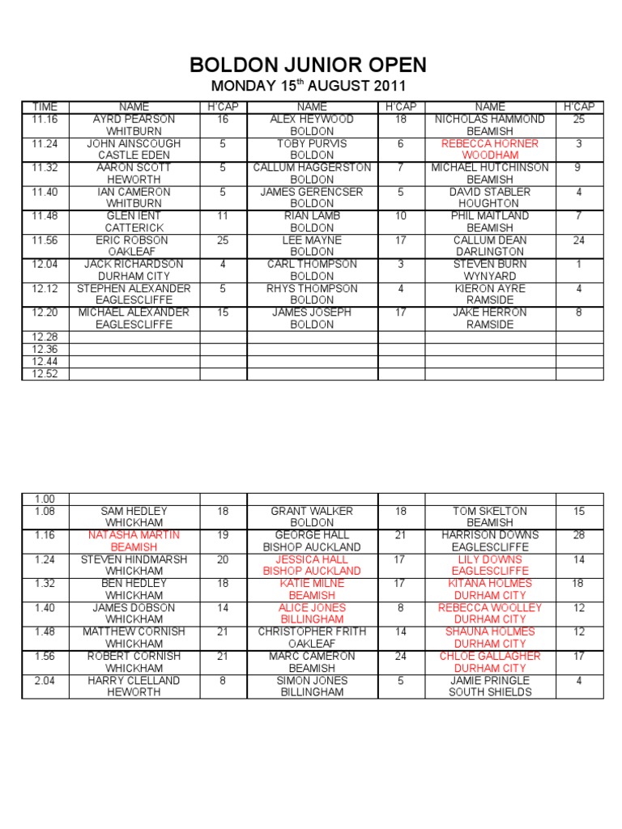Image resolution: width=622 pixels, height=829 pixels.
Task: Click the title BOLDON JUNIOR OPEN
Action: [307, 65]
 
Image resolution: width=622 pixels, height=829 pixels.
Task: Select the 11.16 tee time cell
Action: [45, 119]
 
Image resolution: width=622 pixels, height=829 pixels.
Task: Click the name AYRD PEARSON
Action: [134, 119]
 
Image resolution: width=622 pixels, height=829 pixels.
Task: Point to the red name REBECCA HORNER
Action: [490, 143]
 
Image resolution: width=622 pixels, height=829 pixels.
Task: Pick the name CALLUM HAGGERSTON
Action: [312, 168]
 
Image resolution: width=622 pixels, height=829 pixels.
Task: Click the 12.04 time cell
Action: [45, 264]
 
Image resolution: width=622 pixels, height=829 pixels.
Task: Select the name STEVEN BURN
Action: [490, 264]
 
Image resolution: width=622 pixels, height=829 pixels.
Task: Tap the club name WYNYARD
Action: [490, 276]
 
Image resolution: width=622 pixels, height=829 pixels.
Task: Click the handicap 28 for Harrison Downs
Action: [578, 535]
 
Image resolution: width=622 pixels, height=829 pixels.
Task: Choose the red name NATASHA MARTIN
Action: [134, 535]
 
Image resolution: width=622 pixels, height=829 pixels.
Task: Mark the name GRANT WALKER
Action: [312, 511]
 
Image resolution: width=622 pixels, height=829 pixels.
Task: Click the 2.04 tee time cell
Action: [45, 680]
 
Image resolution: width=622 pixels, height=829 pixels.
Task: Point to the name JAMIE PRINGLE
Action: [490, 680]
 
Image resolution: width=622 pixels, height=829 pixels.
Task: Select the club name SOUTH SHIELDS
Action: [490, 692]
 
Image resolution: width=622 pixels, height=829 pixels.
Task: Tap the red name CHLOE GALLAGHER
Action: [490, 656]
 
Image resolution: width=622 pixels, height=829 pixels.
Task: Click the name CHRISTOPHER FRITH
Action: [312, 631]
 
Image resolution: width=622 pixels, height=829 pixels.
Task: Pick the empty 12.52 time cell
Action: [45, 373]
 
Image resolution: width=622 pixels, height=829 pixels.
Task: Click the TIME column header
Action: [45, 107]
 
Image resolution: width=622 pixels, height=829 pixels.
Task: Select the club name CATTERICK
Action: [134, 227]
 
